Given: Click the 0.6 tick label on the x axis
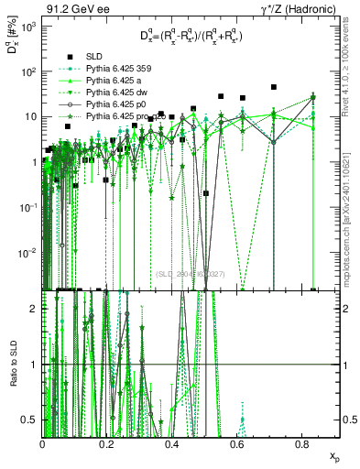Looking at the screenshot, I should [x=239, y=443].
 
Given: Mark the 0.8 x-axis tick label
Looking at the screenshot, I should [x=304, y=443].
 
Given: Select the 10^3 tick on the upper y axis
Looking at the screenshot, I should [x=30, y=27].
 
